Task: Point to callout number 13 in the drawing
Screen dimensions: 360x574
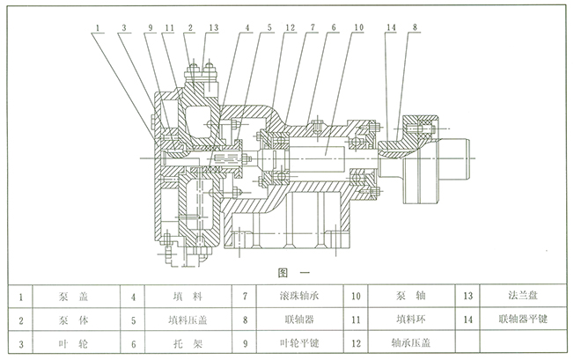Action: coord(213,28)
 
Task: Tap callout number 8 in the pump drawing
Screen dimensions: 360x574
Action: coord(415,28)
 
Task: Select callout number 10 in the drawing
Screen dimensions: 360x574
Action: coord(357,28)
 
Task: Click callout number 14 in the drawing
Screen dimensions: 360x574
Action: coord(391,28)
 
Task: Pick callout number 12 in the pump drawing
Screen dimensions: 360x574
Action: coord(290,28)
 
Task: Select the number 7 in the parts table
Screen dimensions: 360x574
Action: coord(244,298)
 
